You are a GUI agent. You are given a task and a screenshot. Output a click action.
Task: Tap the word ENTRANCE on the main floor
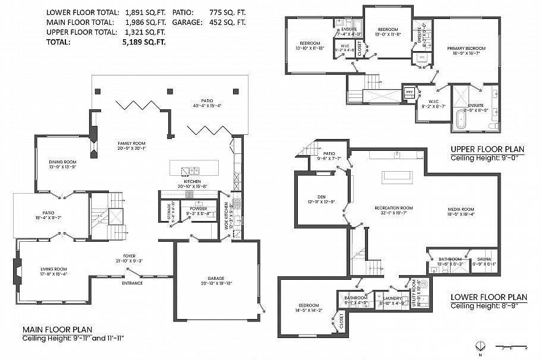(132, 283)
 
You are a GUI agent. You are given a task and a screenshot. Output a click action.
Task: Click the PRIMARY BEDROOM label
(466, 48)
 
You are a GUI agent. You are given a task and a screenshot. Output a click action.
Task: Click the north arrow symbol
(482, 346)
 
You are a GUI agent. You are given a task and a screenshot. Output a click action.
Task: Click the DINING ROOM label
(62, 162)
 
